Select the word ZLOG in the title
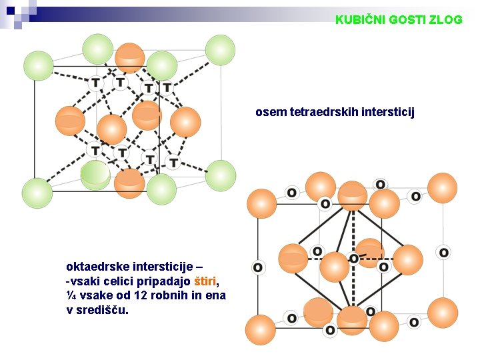(447, 20)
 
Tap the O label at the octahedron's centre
(353, 258)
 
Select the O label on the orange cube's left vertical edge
(257, 267)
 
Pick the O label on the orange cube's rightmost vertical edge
(443, 252)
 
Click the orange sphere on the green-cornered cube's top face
(129, 57)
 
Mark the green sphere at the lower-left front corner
(37, 193)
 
